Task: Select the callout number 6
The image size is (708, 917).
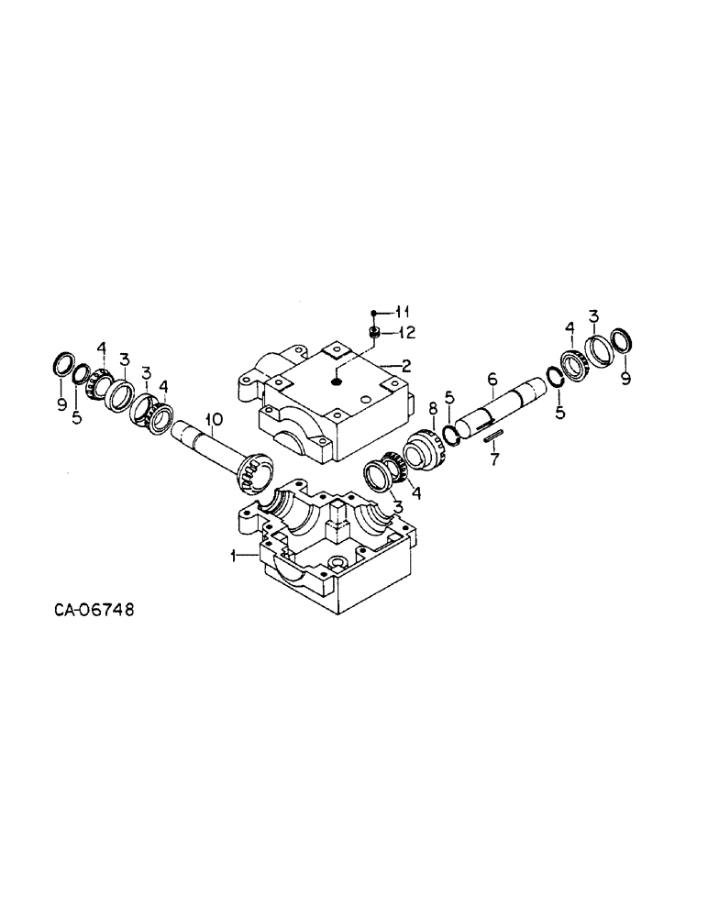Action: pos(492,377)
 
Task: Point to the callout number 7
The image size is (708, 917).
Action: pos(495,458)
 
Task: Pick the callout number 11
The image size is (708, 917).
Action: pos(404,313)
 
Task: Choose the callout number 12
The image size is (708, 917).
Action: pos(404,332)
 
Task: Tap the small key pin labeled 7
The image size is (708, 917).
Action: pos(495,437)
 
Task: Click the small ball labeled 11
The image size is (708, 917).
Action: pos(375,313)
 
